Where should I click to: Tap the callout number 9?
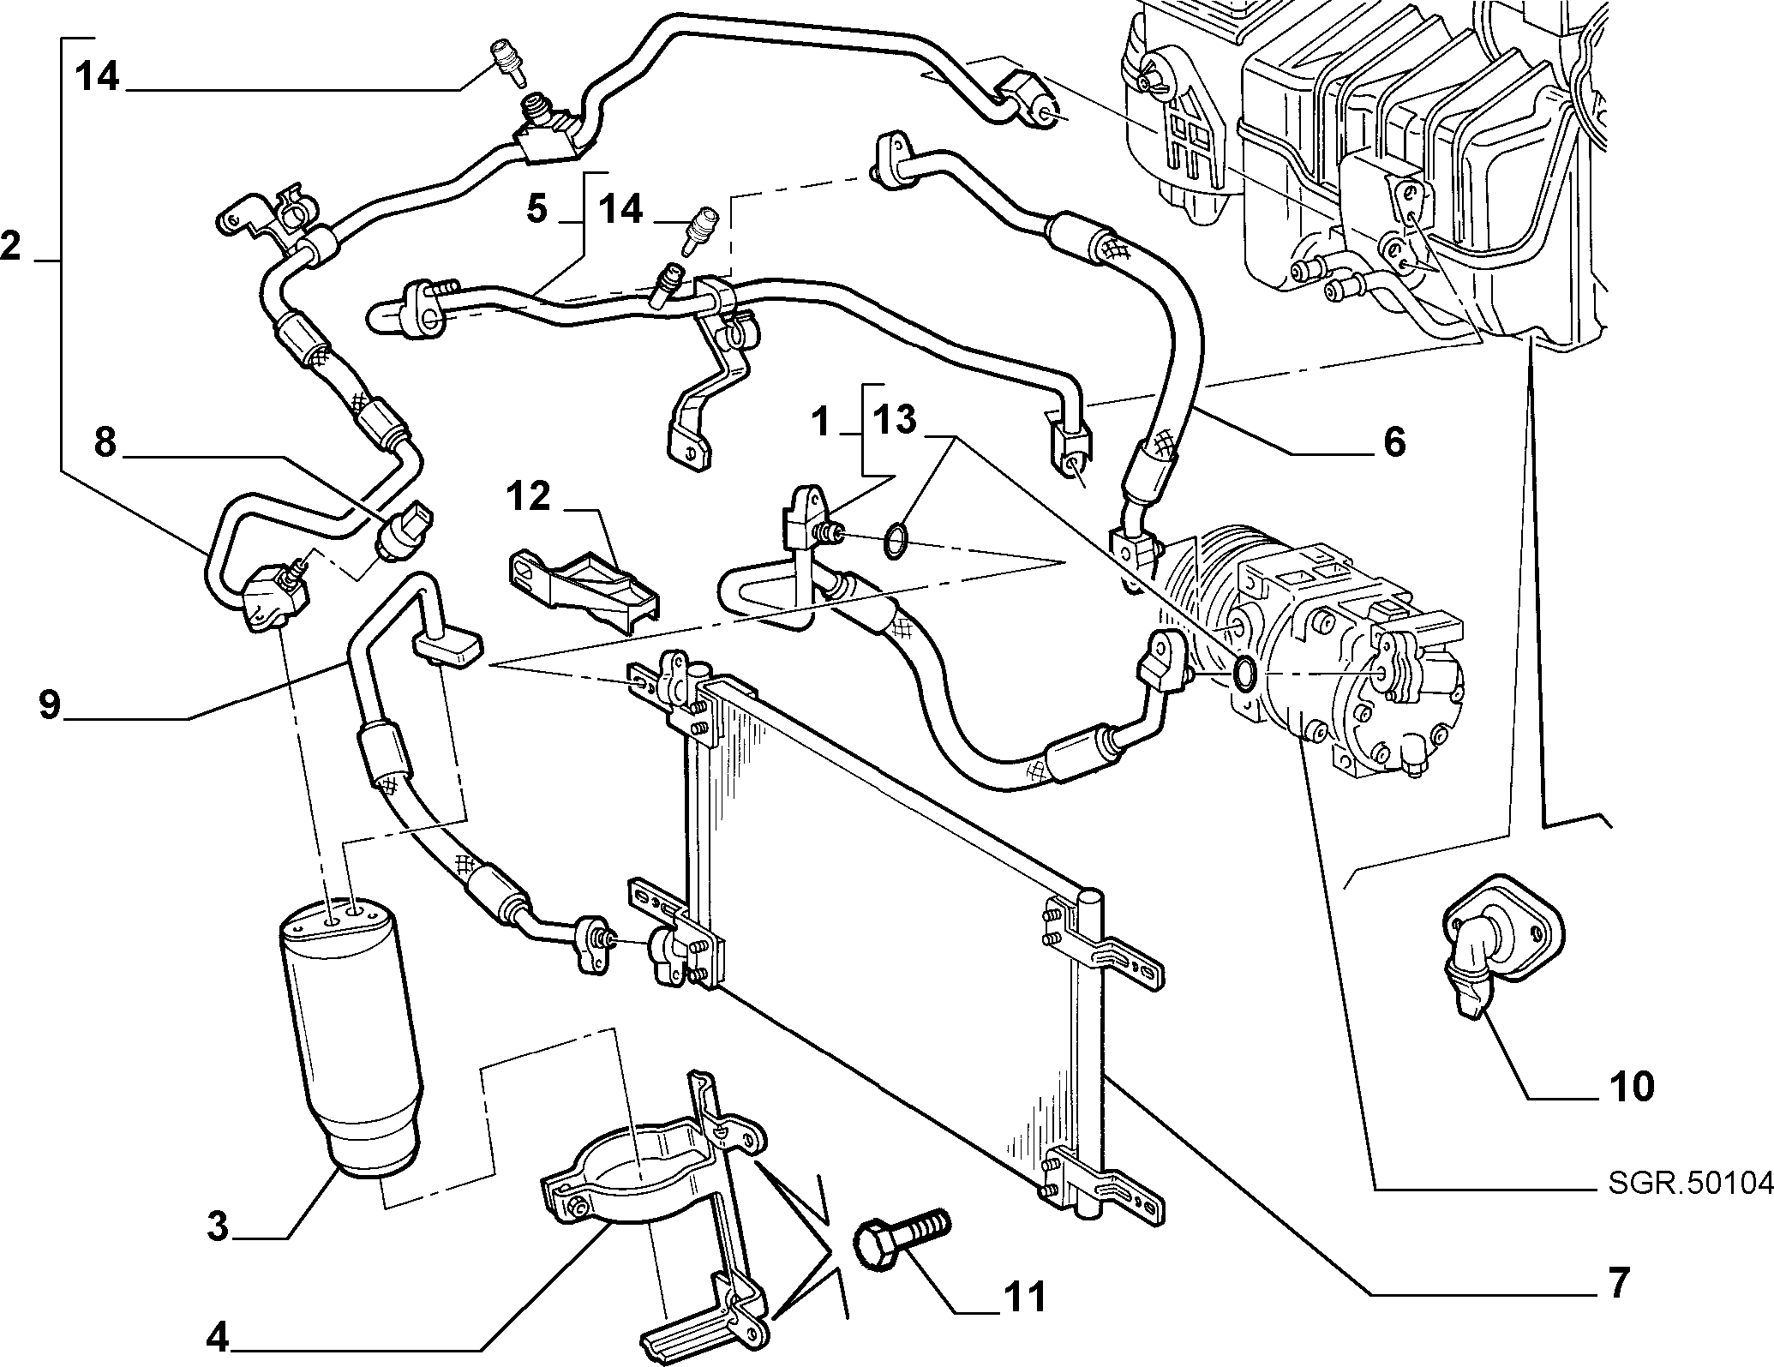49,705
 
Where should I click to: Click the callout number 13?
894,420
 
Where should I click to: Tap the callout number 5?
537,208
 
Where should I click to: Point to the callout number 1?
820,422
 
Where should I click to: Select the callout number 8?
105,445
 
